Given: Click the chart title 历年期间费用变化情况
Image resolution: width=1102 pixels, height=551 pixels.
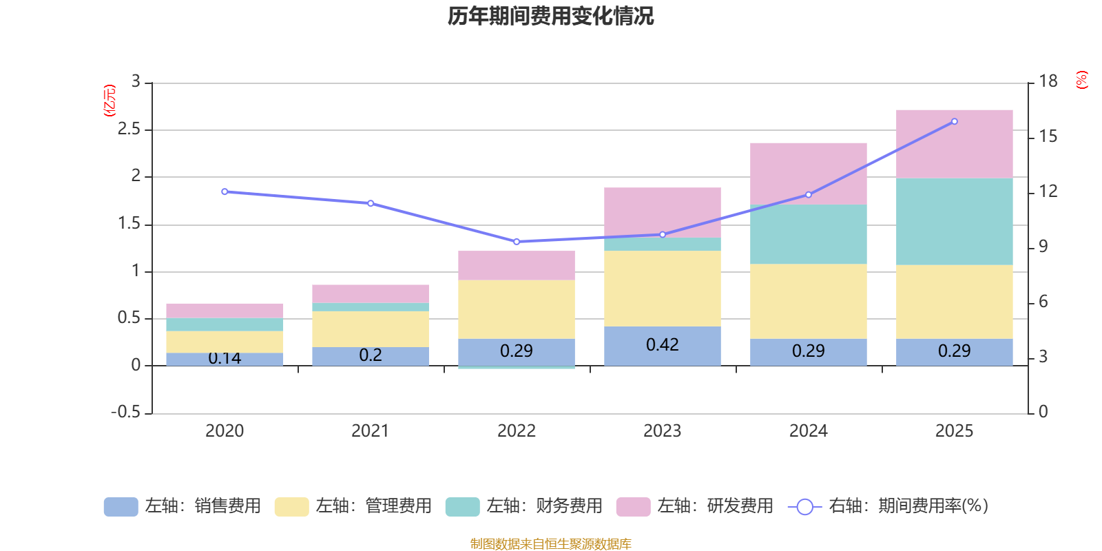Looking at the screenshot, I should click(550, 16).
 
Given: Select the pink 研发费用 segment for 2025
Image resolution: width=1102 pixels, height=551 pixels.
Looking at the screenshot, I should click(954, 143).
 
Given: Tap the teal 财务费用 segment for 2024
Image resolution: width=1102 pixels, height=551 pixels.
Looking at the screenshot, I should click(808, 234).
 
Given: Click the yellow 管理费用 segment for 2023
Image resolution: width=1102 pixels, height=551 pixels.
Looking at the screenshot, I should click(662, 288).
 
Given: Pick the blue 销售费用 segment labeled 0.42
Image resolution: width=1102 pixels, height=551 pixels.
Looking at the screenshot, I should click(662, 346).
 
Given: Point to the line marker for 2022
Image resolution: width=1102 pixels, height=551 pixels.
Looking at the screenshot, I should click(517, 242).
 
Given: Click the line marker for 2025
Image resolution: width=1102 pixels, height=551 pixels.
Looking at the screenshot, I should click(954, 122).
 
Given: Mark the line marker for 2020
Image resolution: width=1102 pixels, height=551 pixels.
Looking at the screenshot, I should click(225, 191).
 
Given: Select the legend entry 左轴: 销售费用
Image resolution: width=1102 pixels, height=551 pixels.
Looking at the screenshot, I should click(183, 506).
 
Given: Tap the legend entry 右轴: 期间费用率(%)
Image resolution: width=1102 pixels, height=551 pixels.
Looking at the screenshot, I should click(888, 506).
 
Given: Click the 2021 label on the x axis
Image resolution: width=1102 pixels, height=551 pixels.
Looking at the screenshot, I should click(370, 431).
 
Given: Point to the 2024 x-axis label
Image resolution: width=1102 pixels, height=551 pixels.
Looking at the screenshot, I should click(808, 431).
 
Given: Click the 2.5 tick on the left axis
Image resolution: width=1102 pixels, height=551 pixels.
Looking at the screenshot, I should click(129, 129).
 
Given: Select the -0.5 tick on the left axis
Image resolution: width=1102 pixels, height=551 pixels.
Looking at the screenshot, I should click(125, 412).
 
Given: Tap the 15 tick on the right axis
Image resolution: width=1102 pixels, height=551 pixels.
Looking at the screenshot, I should click(1048, 136).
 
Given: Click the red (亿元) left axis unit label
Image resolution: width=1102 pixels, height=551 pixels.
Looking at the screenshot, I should click(110, 101).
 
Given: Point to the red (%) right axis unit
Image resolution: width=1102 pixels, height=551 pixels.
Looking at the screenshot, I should click(1081, 80).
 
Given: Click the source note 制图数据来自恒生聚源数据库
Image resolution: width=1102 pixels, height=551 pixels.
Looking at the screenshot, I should click(550, 544).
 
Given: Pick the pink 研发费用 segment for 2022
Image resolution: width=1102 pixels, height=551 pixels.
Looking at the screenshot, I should click(517, 265).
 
